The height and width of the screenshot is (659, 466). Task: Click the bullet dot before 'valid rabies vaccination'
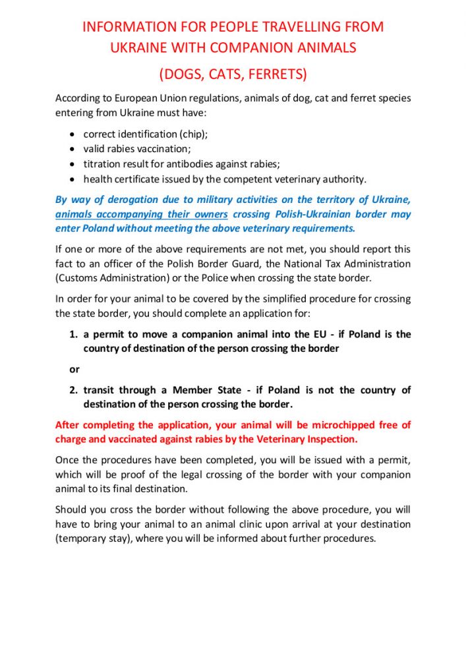pyautogui.click(x=73, y=149)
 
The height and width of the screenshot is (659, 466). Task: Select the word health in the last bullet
pyautogui.click(x=99, y=179)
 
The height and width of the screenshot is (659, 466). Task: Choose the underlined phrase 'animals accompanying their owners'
pyautogui.click(x=142, y=214)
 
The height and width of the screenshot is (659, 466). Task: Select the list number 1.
pyautogui.click(x=73, y=334)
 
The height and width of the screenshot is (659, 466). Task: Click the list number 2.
pyautogui.click(x=73, y=390)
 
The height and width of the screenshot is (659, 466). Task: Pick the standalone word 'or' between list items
pyautogui.click(x=74, y=369)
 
